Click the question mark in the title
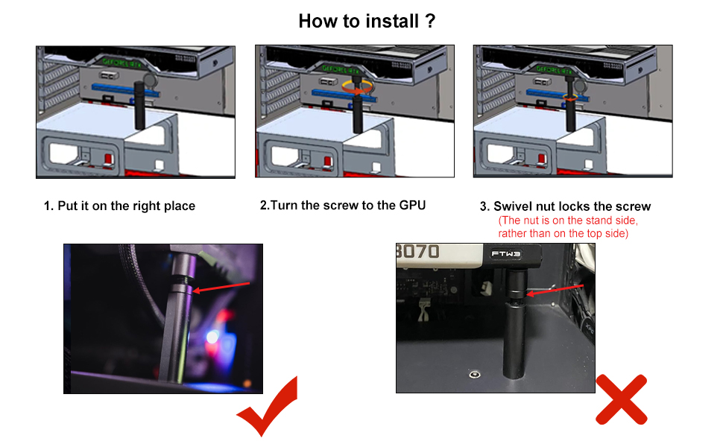tap(430, 21)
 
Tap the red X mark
tap(620, 399)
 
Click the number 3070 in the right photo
tap(417, 252)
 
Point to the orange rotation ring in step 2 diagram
tap(357, 88)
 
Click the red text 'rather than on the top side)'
tap(563, 233)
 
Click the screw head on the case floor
tap(473, 373)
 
